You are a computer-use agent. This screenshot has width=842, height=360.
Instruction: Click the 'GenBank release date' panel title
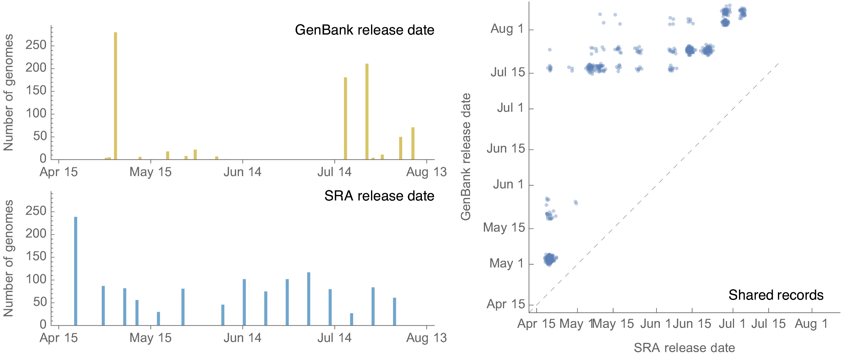pyautogui.click(x=364, y=30)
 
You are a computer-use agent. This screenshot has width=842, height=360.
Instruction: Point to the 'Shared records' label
pyautogui.click(x=776, y=295)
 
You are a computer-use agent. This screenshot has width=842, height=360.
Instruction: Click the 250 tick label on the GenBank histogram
pyautogui.click(x=36, y=45)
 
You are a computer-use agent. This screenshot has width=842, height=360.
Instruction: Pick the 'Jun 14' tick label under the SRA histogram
pyautogui.click(x=242, y=338)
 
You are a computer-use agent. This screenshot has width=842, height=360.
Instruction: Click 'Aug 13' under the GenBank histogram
pyautogui.click(x=426, y=172)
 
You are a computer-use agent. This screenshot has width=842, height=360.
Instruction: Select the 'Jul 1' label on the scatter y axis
pyautogui.click(x=510, y=108)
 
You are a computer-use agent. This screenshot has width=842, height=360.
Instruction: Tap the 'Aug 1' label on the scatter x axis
pyautogui.click(x=811, y=324)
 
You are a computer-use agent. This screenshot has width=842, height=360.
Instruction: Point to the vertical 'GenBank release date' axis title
pyautogui.click(x=465, y=157)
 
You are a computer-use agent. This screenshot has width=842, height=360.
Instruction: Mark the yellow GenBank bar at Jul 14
pyautogui.click(x=346, y=118)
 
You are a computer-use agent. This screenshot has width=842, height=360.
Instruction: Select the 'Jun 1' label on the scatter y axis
pyautogui.click(x=508, y=184)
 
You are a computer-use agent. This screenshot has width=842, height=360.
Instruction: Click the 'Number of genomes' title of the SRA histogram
pyautogui.click(x=9, y=258)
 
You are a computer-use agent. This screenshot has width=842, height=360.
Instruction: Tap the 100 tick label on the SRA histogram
pyautogui.click(x=36, y=279)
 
